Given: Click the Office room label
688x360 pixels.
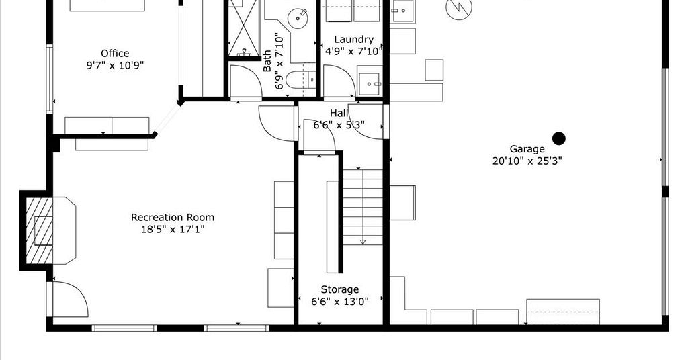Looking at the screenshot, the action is pos(115,54).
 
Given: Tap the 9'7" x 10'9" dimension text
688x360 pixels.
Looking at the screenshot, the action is pos(115,66).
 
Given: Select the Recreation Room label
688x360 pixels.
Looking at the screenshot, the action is pos(173,217).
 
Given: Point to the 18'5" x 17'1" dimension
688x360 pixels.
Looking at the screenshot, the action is pos(173,229).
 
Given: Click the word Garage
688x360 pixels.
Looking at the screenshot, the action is pos(527,150).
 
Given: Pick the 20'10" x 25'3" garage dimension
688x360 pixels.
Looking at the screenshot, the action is pos(527,161).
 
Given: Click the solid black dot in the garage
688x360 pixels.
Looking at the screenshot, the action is pos(558,138).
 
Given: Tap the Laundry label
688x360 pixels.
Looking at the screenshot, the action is pos(353,40).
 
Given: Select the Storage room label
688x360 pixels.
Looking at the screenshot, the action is pos(339,290).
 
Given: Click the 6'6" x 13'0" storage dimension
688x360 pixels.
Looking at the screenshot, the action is pos(339,302).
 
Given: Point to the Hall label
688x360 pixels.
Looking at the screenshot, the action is pos(339,114).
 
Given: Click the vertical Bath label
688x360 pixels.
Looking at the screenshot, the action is pos(267,61).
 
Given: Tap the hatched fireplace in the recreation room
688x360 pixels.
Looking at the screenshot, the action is pos(40,230).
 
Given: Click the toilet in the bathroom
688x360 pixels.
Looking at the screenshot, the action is pos(300,80).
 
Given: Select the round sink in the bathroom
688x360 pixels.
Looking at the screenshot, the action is pos(298,18).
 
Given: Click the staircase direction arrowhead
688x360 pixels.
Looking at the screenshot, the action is pos(363,242).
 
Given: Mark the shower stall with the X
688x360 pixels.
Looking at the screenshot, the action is pos(244,28).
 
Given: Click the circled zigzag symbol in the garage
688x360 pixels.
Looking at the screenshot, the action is pos(459,7).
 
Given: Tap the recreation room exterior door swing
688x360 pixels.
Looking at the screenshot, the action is pos(70,299).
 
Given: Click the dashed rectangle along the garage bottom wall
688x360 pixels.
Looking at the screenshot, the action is pos(563,312).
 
